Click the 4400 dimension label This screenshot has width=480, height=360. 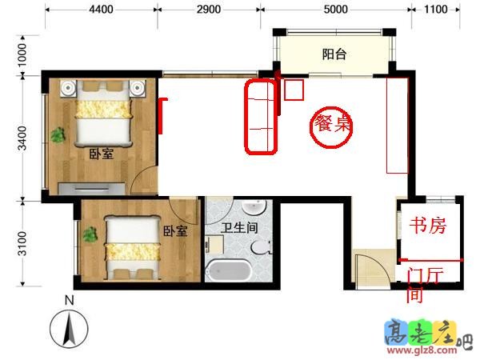[x=102, y=10]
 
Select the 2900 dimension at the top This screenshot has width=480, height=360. [x=209, y=10]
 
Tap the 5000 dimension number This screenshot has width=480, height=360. [x=336, y=10]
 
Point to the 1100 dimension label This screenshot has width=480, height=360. [x=436, y=10]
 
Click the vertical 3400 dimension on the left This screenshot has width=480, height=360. [x=22, y=138]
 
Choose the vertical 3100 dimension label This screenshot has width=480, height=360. [x=22, y=243]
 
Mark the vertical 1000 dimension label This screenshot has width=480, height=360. [x=22, y=55]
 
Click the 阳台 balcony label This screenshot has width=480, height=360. [x=334, y=54]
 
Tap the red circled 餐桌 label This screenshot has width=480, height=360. [x=332, y=124]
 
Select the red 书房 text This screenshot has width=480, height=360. [x=428, y=226]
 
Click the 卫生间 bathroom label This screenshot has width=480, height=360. [x=239, y=228]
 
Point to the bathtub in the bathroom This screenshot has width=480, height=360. [x=228, y=270]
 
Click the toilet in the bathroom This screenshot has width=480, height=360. [x=262, y=247]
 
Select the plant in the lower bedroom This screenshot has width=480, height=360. [x=90, y=234]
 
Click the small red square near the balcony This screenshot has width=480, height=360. [x=294, y=90]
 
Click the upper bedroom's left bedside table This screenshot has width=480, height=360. [x=68, y=88]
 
